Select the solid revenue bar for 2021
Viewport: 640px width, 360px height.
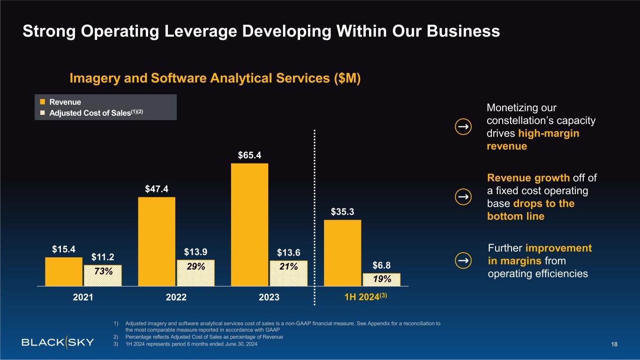click(64, 271)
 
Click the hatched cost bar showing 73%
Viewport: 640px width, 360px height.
click(103, 275)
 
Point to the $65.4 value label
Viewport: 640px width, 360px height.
click(249, 155)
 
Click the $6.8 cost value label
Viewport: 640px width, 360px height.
click(382, 265)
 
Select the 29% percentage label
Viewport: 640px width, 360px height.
click(196, 267)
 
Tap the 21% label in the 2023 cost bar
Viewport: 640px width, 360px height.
click(288, 267)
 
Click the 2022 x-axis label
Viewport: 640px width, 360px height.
click(176, 297)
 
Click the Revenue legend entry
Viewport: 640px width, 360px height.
click(65, 102)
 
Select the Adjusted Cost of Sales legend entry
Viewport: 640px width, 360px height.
click(92, 112)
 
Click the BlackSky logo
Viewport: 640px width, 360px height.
click(58, 342)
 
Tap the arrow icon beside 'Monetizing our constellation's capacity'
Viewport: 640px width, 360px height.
click(463, 127)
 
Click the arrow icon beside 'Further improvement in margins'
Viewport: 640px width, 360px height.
click(463, 260)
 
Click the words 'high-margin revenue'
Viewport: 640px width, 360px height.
click(533, 140)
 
